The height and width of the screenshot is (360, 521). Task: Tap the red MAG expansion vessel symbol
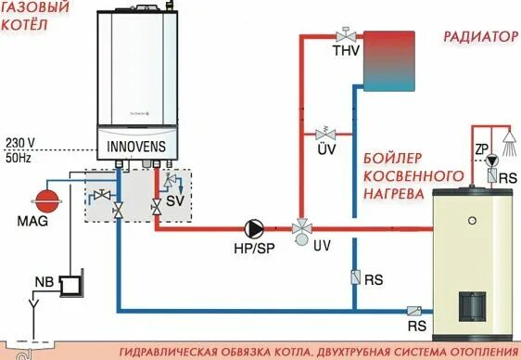(44, 199)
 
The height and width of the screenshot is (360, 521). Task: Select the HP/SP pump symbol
(252, 227)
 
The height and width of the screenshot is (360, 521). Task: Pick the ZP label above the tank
(481, 148)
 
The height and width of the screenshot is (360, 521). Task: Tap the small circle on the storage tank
(473, 222)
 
